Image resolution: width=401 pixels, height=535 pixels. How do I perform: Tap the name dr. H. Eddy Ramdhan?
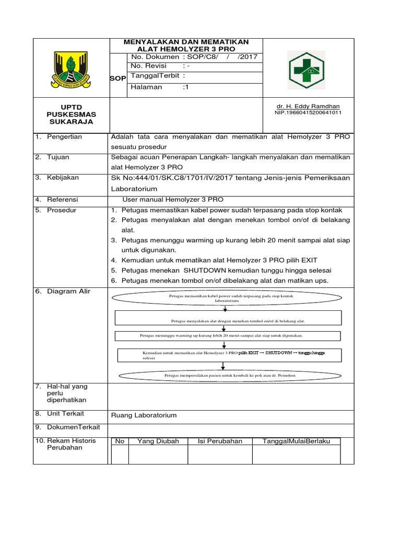(x=309, y=106)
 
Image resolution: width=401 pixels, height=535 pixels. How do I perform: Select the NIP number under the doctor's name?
(x=308, y=112)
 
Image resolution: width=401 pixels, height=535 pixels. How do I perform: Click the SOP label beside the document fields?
(x=117, y=78)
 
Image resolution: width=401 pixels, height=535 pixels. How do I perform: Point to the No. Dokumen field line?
(x=194, y=56)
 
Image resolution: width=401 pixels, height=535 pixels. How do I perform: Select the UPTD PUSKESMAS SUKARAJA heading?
(x=70, y=114)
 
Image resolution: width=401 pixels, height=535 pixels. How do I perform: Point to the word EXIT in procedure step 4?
(x=306, y=260)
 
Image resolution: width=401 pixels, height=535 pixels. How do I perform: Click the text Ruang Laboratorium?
(x=144, y=415)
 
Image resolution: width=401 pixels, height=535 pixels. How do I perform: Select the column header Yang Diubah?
(x=158, y=441)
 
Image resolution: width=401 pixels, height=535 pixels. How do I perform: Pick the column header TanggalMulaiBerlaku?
(x=296, y=441)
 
